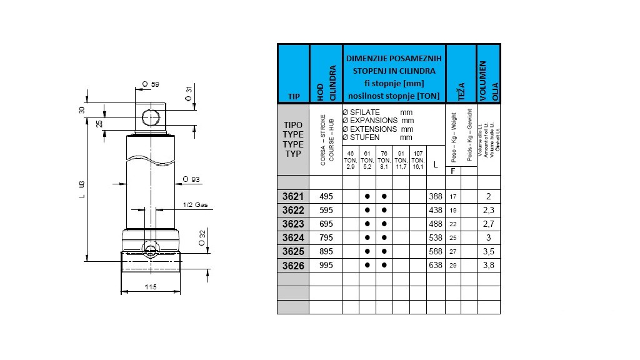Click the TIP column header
click(x=293, y=97)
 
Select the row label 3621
click(x=293, y=196)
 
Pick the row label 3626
click(x=293, y=265)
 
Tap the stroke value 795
click(x=326, y=237)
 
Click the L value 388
click(x=436, y=196)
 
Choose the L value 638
click(x=436, y=265)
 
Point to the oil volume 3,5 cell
click(x=488, y=251)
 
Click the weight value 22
click(x=452, y=224)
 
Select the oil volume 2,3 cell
click(x=488, y=210)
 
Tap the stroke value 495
click(x=326, y=196)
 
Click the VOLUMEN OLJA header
click(x=488, y=74)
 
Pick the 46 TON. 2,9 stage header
click(x=351, y=160)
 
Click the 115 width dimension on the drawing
click(x=149, y=287)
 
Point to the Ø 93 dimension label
click(x=191, y=179)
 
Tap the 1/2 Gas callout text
click(x=195, y=205)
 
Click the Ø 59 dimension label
click(x=151, y=83)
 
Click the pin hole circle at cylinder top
click(x=151, y=118)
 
